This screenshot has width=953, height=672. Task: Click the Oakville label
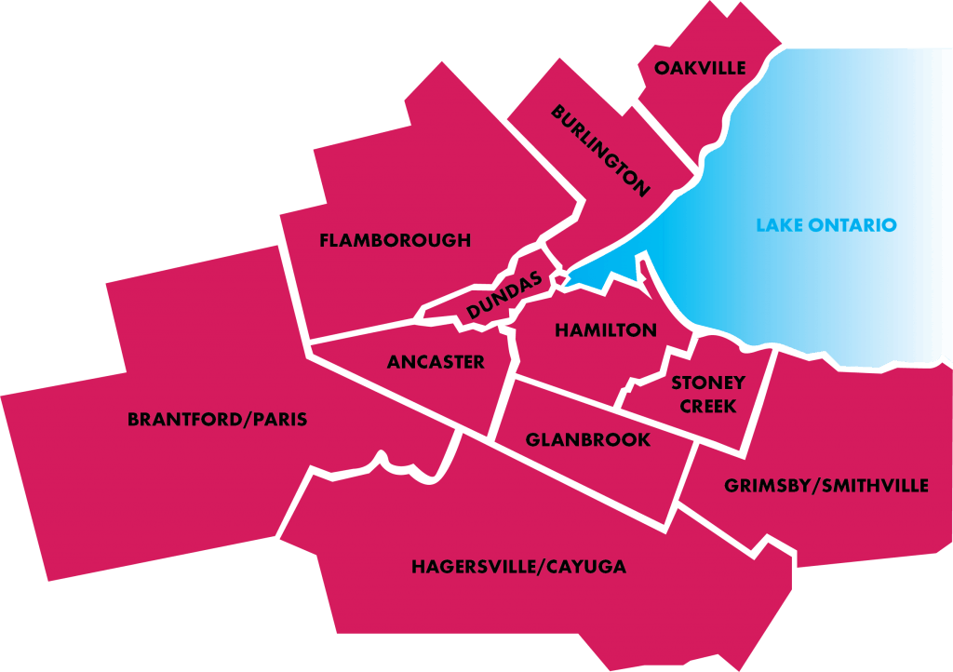click(700, 68)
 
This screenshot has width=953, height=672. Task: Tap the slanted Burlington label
click(600, 151)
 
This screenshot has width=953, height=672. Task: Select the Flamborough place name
click(395, 241)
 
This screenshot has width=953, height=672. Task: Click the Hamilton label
click(606, 330)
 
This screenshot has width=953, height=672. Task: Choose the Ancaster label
click(436, 362)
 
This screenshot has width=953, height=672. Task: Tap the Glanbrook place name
click(588, 440)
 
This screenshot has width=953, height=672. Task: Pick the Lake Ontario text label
click(826, 225)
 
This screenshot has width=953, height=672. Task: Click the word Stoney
click(708, 383)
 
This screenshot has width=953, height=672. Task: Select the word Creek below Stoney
click(708, 407)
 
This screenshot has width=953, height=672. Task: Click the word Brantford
click(184, 420)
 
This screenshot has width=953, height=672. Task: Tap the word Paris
click(278, 420)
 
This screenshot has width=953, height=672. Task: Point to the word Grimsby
click(763, 486)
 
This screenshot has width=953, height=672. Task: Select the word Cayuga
click(587, 567)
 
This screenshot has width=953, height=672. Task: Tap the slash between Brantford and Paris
click(247, 420)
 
